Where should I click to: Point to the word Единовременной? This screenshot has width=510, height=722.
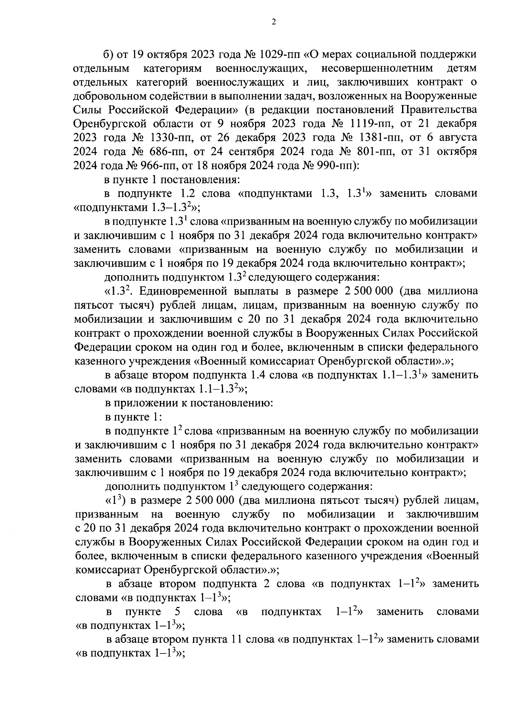click(187, 291)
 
